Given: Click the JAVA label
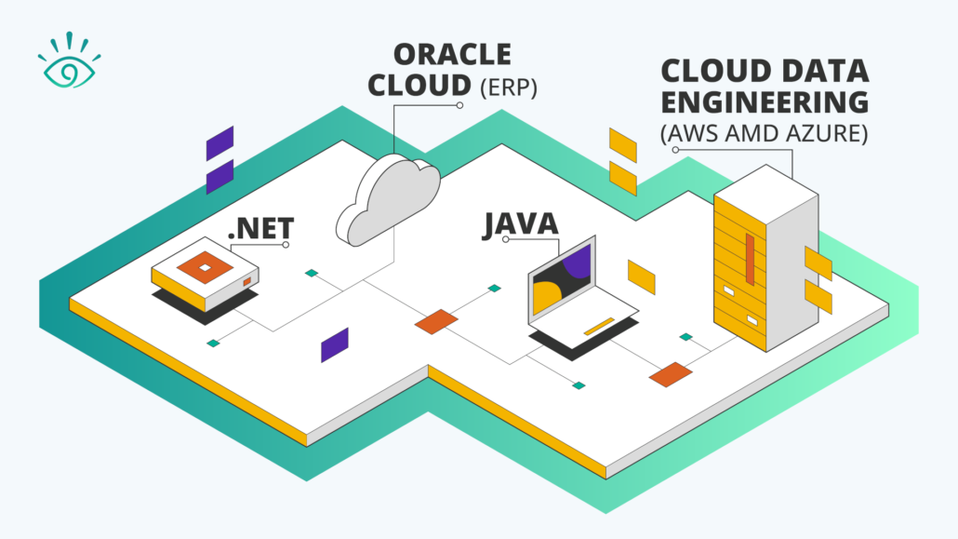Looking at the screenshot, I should point(519,223).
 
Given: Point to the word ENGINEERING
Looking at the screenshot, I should point(764,102).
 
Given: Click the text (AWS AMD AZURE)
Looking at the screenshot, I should point(764,134).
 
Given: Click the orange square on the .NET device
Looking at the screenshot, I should point(206,267).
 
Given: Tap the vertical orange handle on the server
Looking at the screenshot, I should point(749,256).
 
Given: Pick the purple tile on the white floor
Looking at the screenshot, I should point(334,344).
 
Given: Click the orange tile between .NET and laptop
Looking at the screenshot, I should point(436,321).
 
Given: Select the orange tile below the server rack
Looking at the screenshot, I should point(671,374).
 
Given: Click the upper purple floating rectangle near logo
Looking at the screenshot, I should point(220,144).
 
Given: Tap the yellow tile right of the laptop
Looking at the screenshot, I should point(641,276).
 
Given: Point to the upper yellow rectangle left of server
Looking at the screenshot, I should point(622,144).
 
